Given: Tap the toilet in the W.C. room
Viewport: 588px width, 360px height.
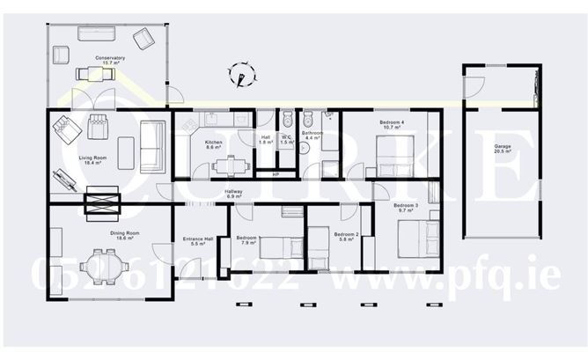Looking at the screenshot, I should (286, 121).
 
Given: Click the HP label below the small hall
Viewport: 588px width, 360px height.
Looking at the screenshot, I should (276, 174).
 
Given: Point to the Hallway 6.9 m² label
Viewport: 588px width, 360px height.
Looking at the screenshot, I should (233, 194).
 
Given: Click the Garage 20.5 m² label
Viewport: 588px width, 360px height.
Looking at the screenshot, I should (503, 149).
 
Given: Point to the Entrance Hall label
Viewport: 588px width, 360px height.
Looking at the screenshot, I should (198, 240).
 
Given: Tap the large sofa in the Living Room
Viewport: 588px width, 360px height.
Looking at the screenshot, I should (151, 146).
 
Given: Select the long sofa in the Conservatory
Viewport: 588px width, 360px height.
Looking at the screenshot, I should (96, 34).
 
